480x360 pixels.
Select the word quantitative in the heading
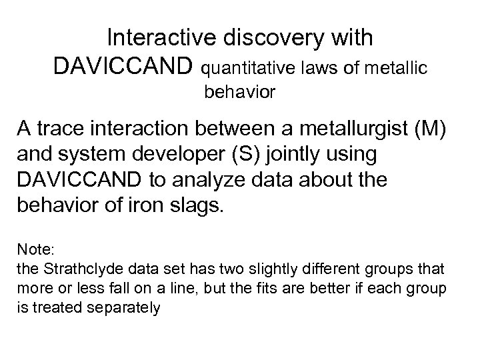[x=243, y=67]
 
